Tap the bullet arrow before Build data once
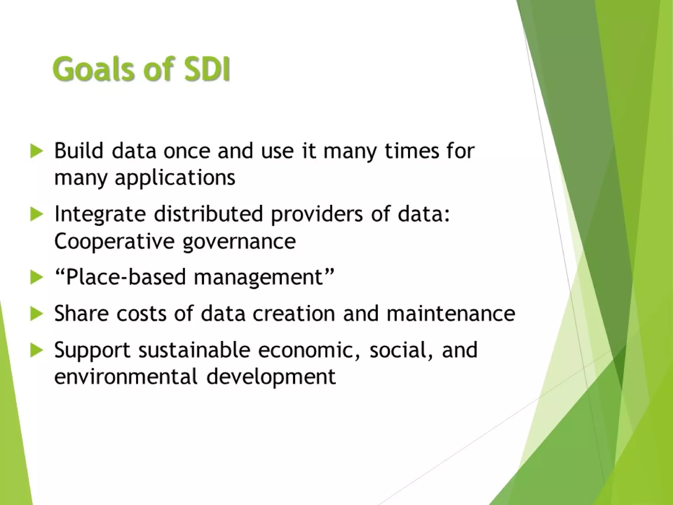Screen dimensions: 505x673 [x=36, y=152]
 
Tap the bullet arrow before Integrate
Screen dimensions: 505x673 [x=36, y=215]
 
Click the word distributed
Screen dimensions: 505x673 [x=208, y=214]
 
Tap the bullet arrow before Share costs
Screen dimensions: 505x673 [x=36, y=314]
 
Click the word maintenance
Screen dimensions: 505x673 [x=451, y=313]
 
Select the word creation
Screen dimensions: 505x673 [x=293, y=313]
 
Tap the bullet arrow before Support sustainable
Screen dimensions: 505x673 [x=36, y=350]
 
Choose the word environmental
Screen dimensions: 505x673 [x=126, y=376]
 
